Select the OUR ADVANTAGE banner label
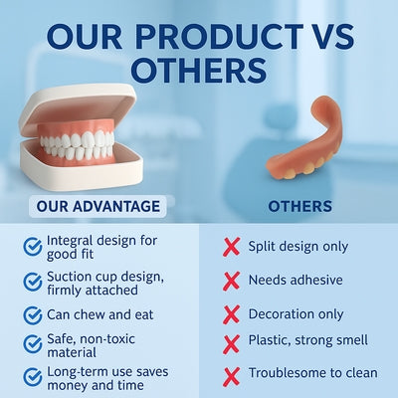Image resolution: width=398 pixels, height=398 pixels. pyautogui.click(x=97, y=207)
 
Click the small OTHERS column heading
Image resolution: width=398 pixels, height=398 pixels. pyautogui.click(x=300, y=207)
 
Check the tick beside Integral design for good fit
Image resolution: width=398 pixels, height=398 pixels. pyautogui.click(x=32, y=245)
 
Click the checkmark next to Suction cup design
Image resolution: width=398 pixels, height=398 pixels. pyautogui.click(x=32, y=280)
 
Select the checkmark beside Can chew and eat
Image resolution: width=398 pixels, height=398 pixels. pyautogui.click(x=32, y=314)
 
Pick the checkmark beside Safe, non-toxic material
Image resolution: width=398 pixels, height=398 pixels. pyautogui.click(x=32, y=344)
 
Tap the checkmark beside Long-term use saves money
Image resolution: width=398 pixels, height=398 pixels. pyautogui.click(x=32, y=377)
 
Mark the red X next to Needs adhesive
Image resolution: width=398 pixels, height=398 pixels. pyautogui.click(x=231, y=281)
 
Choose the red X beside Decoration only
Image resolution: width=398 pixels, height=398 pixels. pyautogui.click(x=231, y=314)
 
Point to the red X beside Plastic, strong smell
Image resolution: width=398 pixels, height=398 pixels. pyautogui.click(x=231, y=344)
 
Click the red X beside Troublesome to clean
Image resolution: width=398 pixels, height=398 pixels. pyautogui.click(x=231, y=374)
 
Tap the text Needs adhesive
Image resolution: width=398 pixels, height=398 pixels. pyautogui.click(x=295, y=281)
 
